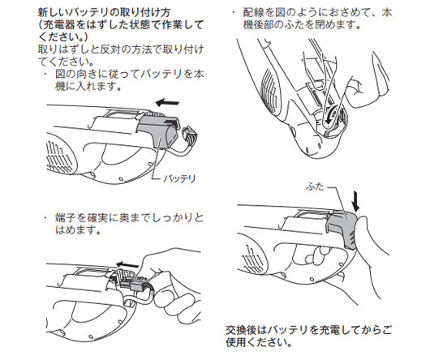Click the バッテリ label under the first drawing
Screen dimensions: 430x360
point(179,179)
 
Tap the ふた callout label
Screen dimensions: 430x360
point(316,186)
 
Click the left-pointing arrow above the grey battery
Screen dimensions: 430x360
point(167,102)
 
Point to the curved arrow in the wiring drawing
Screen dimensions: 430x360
point(329,114)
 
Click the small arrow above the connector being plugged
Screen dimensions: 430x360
point(127,264)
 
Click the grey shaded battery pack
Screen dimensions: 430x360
point(158,131)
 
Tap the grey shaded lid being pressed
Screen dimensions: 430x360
point(342,228)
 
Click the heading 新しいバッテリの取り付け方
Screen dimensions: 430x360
point(104,12)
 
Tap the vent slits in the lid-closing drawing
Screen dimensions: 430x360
point(254,259)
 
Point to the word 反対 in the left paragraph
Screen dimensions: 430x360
point(110,49)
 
